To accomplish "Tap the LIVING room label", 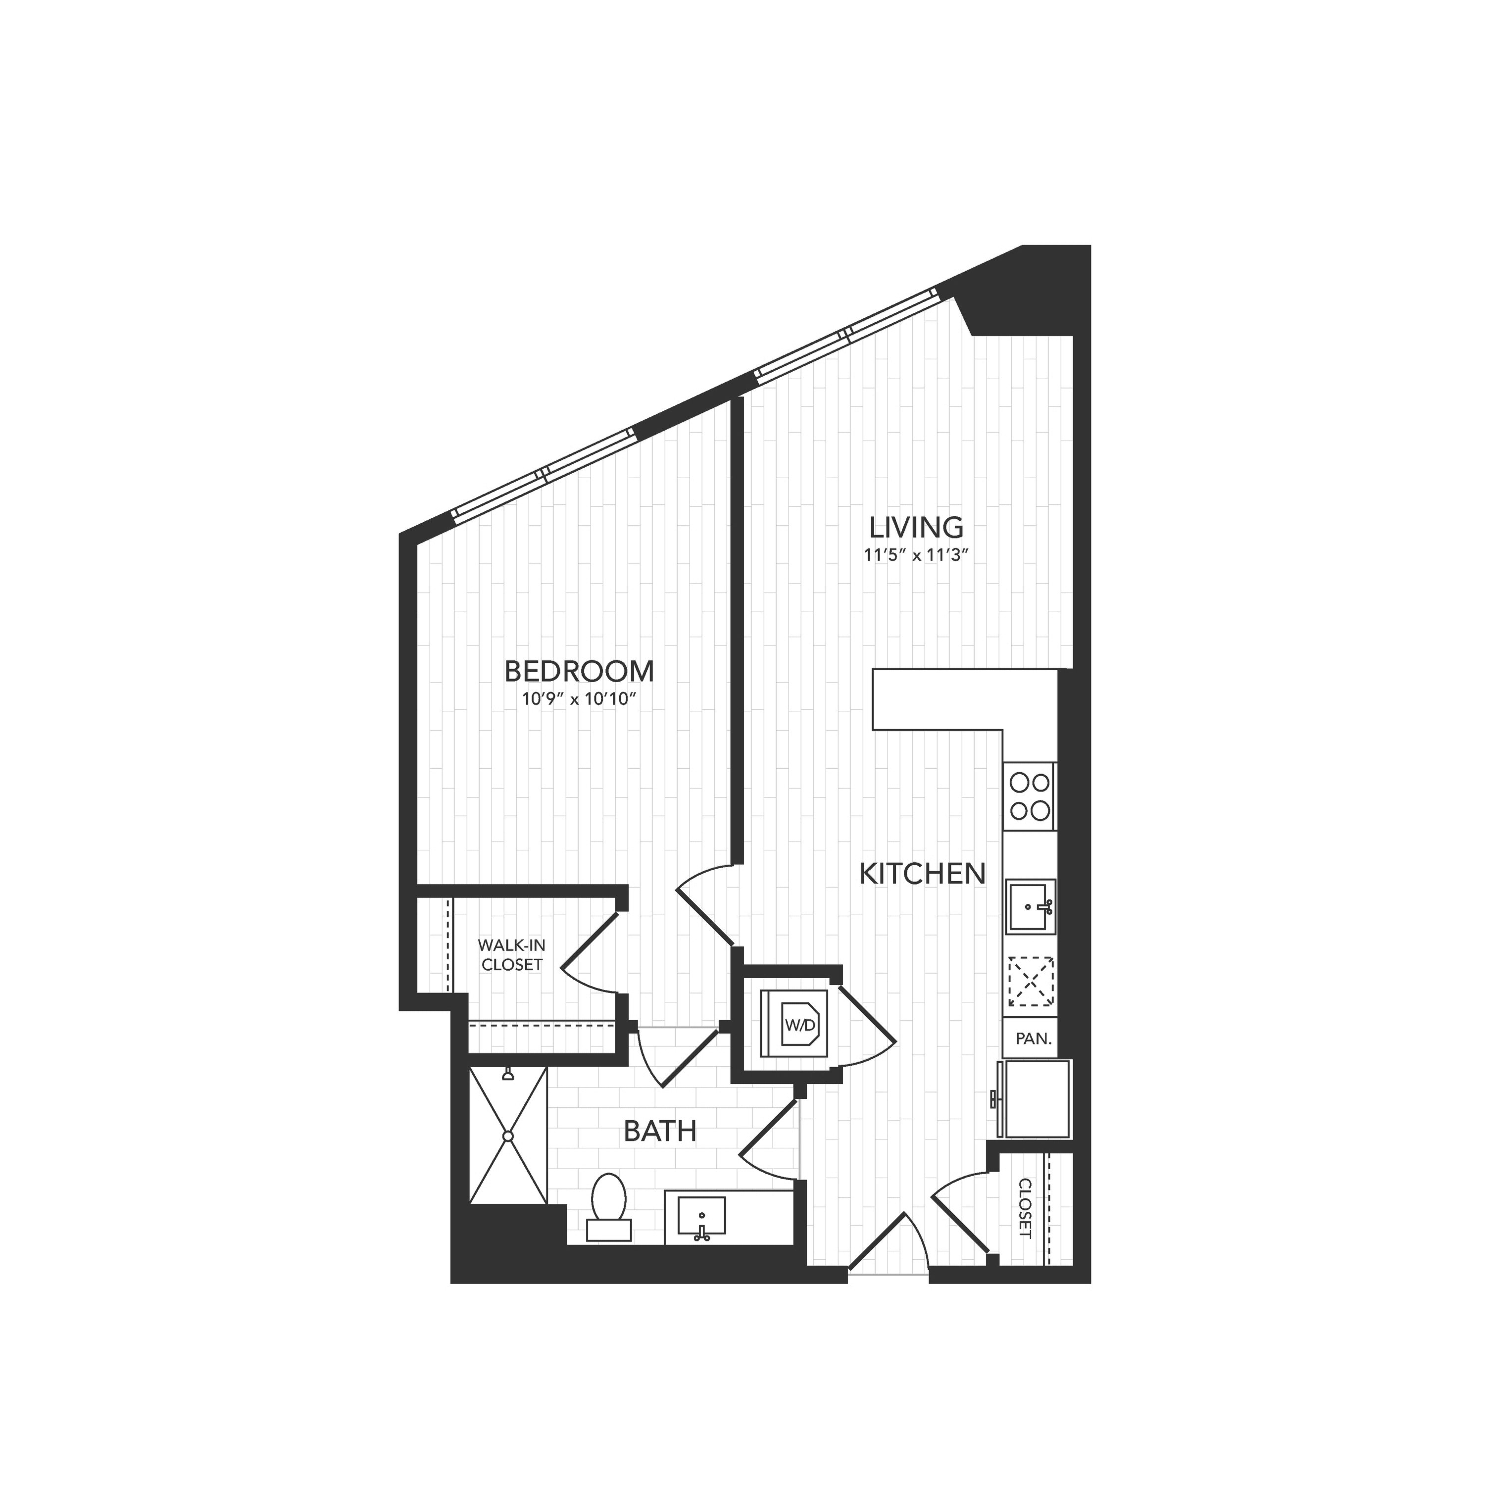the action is click(916, 527).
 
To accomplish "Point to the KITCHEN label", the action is click(922, 874).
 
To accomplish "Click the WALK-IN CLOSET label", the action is click(512, 955).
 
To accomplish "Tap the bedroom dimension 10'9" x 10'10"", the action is click(580, 699).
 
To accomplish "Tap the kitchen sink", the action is click(1031, 905).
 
